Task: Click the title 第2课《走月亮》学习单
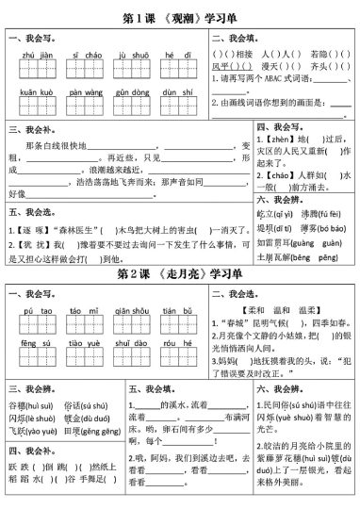click(x=179, y=274)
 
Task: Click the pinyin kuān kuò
click(x=35, y=93)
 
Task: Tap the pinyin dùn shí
click(x=171, y=93)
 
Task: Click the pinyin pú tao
click(x=35, y=310)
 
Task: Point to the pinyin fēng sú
click(x=35, y=345)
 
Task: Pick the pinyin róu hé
click(x=171, y=345)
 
